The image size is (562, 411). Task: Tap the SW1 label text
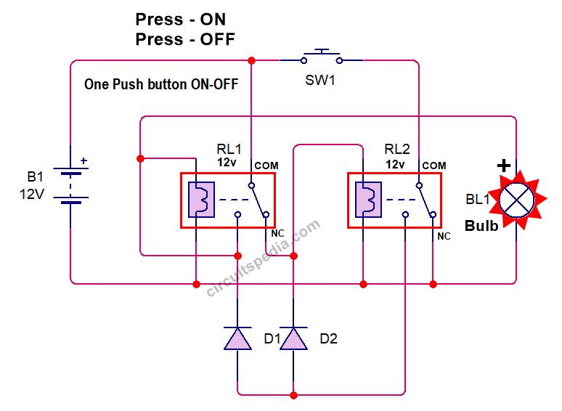coord(320,80)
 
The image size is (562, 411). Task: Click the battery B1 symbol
coord(70,184)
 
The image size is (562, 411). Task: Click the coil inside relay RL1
coord(199,200)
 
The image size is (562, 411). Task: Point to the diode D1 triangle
coord(237,338)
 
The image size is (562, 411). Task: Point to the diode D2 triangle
coord(293,338)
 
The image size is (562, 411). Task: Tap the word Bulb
coord(481,225)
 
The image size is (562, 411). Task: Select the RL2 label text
coord(397,150)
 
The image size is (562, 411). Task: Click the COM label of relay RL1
coord(266,166)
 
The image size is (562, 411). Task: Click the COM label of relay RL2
coord(434,166)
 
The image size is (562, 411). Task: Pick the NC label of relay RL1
coord(277,234)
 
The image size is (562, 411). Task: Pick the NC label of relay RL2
coord(444,237)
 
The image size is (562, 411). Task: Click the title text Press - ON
coord(181,20)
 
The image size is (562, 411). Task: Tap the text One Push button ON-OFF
coord(161,84)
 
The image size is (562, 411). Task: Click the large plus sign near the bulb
coord(503,166)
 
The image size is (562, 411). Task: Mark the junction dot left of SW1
coord(251,60)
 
